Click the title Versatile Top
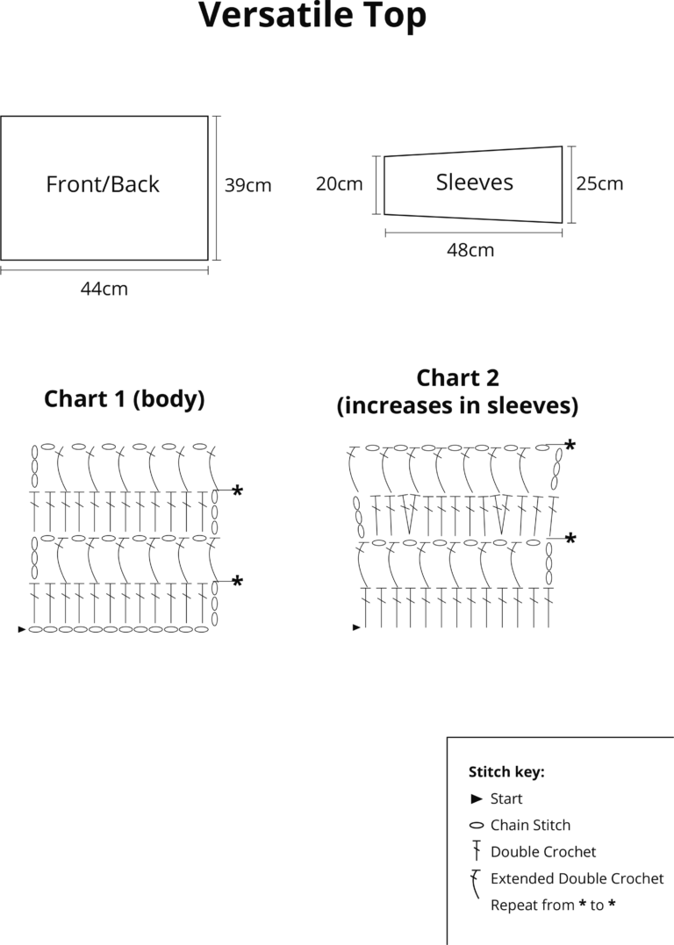[x=312, y=16]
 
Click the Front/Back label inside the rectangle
[x=103, y=183]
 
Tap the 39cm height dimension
[x=247, y=185]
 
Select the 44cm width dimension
[x=104, y=289]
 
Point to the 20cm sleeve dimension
[x=340, y=183]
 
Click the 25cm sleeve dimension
[x=599, y=183]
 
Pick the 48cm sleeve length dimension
[x=470, y=249]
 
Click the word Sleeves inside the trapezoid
[x=475, y=182]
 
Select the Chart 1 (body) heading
[x=125, y=399]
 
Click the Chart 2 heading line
[x=457, y=378]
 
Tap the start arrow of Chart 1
[x=22, y=629]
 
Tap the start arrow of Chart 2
[x=356, y=627]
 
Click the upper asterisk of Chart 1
[x=238, y=490]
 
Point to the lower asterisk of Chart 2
[x=570, y=538]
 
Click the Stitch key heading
[x=506, y=772]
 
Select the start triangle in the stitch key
[x=477, y=798]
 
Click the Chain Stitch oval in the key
[x=477, y=825]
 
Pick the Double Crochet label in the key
[x=543, y=852]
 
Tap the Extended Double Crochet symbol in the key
[x=476, y=883]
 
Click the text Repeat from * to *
[x=553, y=905]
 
